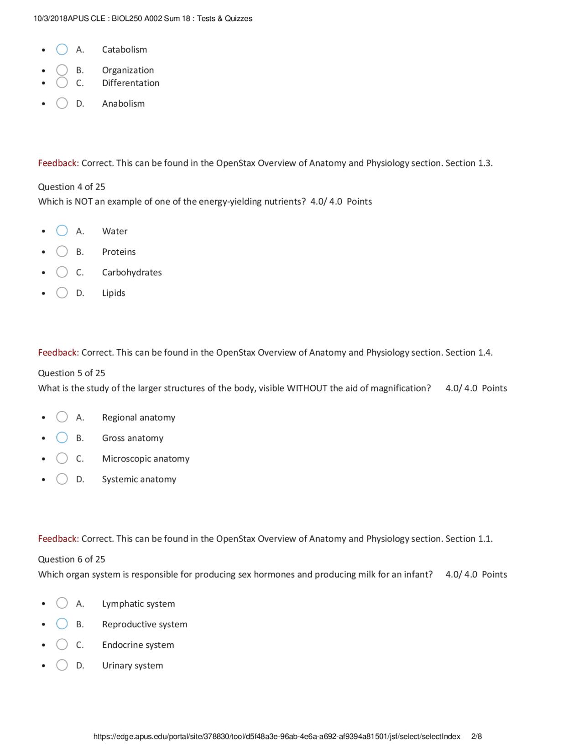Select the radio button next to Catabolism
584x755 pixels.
62,49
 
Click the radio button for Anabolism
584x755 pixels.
62,103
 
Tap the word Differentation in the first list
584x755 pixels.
130,83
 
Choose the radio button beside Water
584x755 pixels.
62,231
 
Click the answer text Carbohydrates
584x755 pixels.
132,272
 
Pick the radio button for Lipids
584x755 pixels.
62,293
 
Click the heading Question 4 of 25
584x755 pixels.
72,186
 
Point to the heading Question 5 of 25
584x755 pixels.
72,373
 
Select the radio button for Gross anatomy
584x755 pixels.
62,438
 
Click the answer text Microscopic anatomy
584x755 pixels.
146,459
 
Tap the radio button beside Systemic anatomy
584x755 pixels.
62,479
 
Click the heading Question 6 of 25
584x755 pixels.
72,559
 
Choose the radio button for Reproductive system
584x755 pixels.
62,624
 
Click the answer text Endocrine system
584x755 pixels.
138,645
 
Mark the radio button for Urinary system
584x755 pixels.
62,665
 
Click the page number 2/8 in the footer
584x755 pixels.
476,736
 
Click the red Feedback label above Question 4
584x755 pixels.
58,163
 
